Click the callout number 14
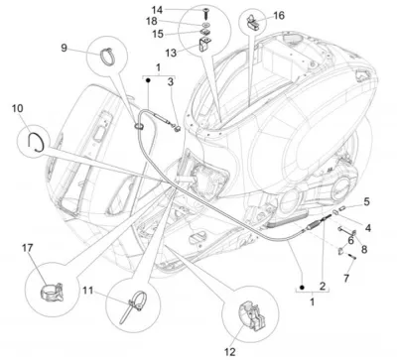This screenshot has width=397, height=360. [x=157, y=10]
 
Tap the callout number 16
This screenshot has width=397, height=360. [x=279, y=15]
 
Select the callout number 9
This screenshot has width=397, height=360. [x=64, y=48]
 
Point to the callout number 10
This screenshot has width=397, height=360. [x=18, y=108]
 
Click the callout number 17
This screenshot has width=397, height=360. [x=28, y=248]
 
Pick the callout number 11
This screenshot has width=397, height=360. [x=88, y=291]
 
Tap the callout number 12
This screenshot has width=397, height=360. [x=230, y=352]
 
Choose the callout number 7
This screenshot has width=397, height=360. [x=346, y=278]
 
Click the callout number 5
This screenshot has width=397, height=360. [x=366, y=201]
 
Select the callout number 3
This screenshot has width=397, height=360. [x=171, y=82]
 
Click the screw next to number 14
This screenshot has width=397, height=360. [x=204, y=13]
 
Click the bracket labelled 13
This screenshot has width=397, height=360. [x=205, y=44]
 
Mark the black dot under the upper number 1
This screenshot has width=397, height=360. [x=148, y=80]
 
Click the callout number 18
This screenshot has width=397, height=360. [x=152, y=21]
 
